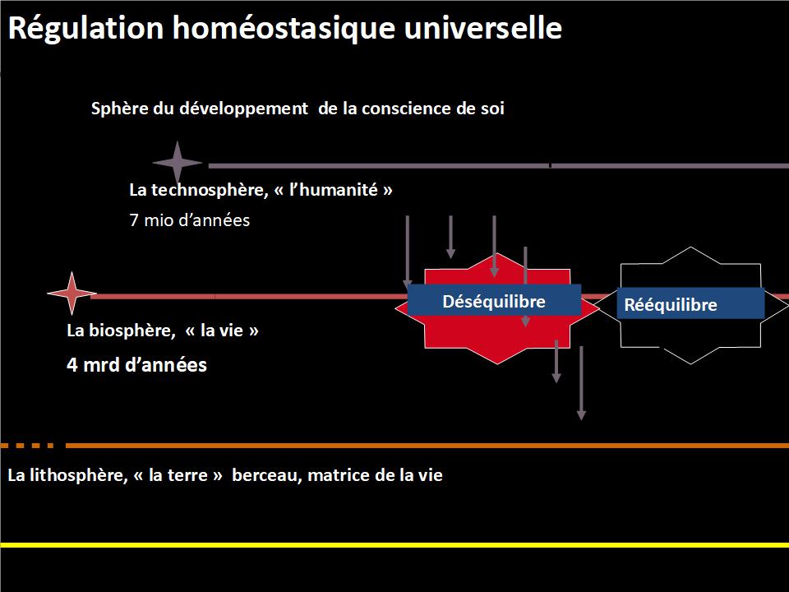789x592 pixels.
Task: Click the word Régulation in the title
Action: coord(86,28)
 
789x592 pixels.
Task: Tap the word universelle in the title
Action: coord(483,27)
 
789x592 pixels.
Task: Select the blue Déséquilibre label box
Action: coord(494,301)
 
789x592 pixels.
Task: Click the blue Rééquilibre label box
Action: coord(690,303)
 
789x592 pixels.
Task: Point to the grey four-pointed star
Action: coord(178,163)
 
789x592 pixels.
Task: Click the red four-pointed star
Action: coord(72,293)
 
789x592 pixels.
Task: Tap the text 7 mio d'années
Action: coord(189,220)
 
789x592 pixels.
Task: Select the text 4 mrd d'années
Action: coord(136,364)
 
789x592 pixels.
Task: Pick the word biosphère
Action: coord(131,331)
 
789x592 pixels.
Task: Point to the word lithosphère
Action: coord(79,475)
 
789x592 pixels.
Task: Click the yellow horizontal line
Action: coord(394,545)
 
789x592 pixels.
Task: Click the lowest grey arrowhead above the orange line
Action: coord(581,415)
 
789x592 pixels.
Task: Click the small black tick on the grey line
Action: coord(550,165)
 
